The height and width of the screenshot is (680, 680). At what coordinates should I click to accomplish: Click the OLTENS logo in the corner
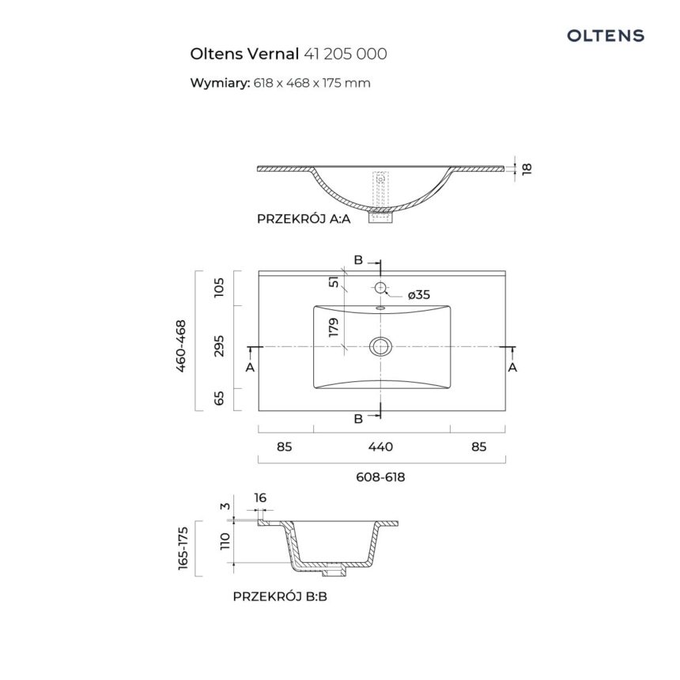606,36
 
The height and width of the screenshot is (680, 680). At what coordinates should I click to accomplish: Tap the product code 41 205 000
346,54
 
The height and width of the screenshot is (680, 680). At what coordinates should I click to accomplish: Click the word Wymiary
220,83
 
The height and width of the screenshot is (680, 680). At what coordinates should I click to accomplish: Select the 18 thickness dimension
527,168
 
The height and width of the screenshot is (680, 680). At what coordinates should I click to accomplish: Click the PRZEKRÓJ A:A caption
304,218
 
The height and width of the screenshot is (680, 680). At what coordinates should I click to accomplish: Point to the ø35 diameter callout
419,295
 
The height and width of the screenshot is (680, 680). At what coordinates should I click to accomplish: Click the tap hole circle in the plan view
380,287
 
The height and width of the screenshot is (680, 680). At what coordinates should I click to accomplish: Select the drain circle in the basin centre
380,346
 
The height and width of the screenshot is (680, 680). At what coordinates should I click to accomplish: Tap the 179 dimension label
334,327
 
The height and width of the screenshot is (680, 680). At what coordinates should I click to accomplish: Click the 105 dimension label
220,287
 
